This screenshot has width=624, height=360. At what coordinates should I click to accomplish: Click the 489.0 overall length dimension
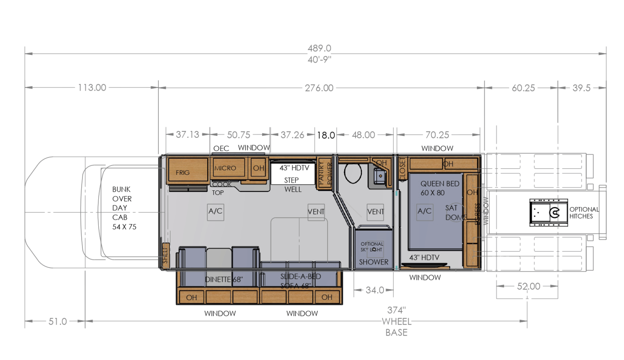click(x=319, y=48)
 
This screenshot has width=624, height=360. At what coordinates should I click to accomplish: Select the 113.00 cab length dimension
click(x=92, y=87)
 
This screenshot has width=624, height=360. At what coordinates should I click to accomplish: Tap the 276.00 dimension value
click(x=319, y=88)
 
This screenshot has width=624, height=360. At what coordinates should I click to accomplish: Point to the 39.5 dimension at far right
click(x=581, y=88)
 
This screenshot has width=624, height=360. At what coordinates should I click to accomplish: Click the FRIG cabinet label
click(x=183, y=172)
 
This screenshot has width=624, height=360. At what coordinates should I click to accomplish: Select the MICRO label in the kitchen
click(x=225, y=168)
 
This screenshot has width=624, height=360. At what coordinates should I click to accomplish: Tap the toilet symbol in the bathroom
click(x=353, y=173)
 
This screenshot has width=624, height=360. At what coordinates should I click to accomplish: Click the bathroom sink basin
click(x=380, y=176)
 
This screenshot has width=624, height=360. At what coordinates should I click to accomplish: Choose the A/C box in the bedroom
click(x=425, y=212)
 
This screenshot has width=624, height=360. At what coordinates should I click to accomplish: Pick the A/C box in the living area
click(x=215, y=212)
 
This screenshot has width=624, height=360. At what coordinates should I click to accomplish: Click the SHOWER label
click(x=373, y=262)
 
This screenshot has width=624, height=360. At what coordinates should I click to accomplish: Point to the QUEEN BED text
click(x=440, y=184)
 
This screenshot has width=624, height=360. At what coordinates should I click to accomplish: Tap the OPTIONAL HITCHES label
click(x=584, y=213)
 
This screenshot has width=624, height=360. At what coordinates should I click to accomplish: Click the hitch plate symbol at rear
click(x=548, y=213)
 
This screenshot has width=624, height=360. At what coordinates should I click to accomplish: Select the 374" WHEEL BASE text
click(x=396, y=321)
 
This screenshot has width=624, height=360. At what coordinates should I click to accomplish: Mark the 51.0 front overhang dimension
click(x=58, y=321)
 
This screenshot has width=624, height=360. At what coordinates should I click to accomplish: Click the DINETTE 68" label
click(x=224, y=279)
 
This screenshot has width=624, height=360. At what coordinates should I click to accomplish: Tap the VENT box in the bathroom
click(x=375, y=212)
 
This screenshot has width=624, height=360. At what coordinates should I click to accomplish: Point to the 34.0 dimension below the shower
click(x=375, y=290)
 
